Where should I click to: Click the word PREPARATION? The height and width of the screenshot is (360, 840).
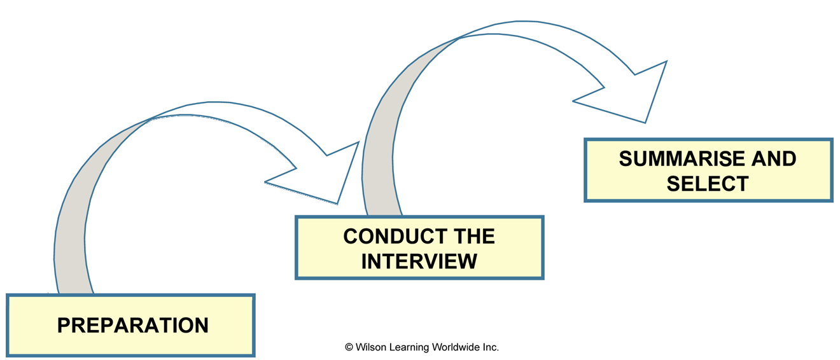(x=133, y=325)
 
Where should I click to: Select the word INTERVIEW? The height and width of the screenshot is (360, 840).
(x=419, y=261)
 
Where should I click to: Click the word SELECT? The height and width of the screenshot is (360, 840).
(x=708, y=183)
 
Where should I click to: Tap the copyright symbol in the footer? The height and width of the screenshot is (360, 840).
(x=349, y=347)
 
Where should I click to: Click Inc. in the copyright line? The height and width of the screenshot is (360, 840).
(x=491, y=347)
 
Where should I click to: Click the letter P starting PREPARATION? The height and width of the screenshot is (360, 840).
(x=63, y=325)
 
